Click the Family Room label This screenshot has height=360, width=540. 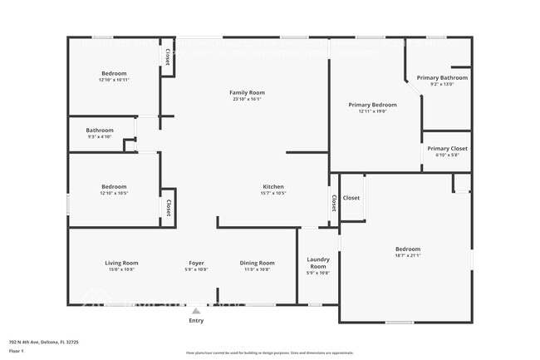click(x=247, y=91)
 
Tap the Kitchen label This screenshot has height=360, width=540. click(x=273, y=186)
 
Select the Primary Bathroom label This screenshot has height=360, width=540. click(x=442, y=77)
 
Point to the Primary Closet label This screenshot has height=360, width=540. click(x=447, y=148)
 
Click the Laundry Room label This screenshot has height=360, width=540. click(x=318, y=263)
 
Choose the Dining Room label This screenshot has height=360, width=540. click(x=258, y=263)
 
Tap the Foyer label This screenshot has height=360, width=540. click(x=196, y=263)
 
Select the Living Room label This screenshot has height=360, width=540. click(x=121, y=263)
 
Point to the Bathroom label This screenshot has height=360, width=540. click(x=100, y=130)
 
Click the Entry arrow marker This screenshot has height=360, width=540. click(x=196, y=311)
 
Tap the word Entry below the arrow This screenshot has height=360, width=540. click(x=196, y=320)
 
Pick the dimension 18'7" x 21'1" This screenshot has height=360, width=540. click(x=407, y=256)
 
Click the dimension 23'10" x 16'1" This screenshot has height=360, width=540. click(x=247, y=99)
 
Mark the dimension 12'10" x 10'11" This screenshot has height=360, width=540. click(x=114, y=81)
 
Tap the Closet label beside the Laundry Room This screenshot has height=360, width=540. click(x=334, y=202)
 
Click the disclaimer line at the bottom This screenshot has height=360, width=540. click(x=269, y=353)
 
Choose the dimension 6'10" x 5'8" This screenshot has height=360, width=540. click(x=447, y=155)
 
